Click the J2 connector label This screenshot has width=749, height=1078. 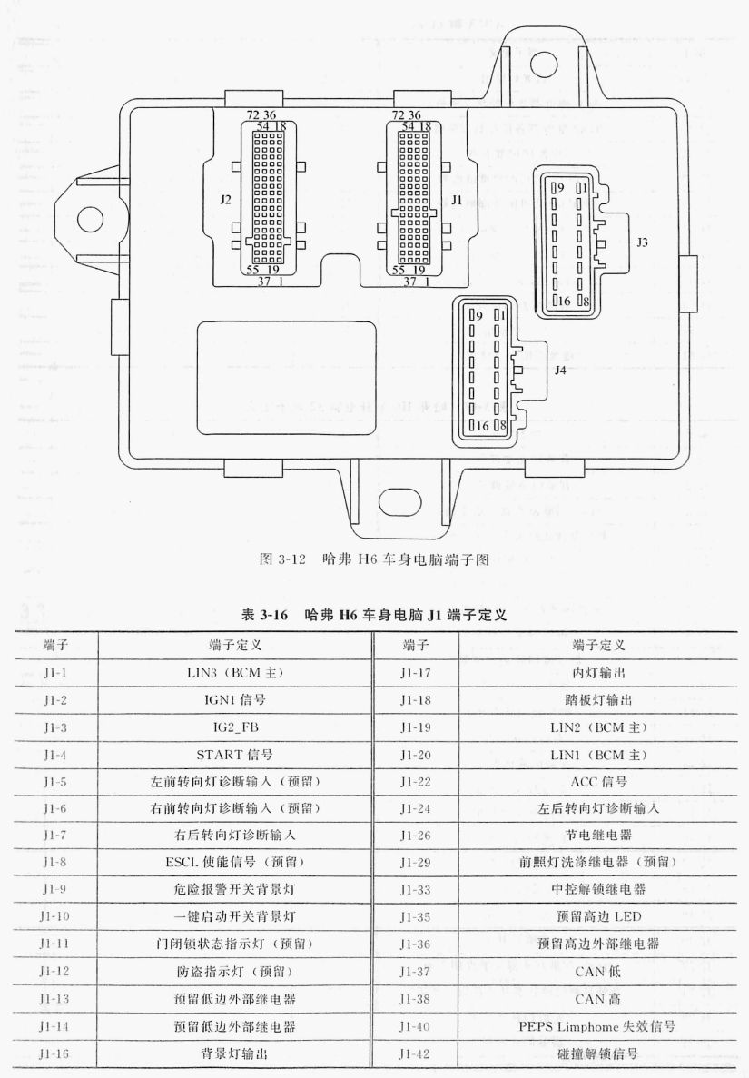[225, 200]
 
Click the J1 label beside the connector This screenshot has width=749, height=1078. [457, 200]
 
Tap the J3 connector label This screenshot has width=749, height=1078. [642, 242]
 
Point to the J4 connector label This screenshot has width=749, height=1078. [560, 370]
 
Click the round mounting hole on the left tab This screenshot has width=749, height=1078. [89, 219]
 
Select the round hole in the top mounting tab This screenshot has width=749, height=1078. [541, 64]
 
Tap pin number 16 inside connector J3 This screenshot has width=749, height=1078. [564, 301]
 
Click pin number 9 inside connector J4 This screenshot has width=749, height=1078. [479, 315]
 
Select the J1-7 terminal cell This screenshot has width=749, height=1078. [54, 835]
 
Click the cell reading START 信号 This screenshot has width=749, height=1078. [234, 754]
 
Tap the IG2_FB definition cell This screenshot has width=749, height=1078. [235, 727]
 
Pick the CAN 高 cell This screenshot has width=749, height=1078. [597, 999]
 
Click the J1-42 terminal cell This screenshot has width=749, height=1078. [415, 1053]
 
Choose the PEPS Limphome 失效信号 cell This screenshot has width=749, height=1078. [597, 1026]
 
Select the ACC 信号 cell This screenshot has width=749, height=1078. [598, 781]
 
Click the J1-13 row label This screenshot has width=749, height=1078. [54, 999]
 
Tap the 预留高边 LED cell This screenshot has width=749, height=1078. [598, 916]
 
